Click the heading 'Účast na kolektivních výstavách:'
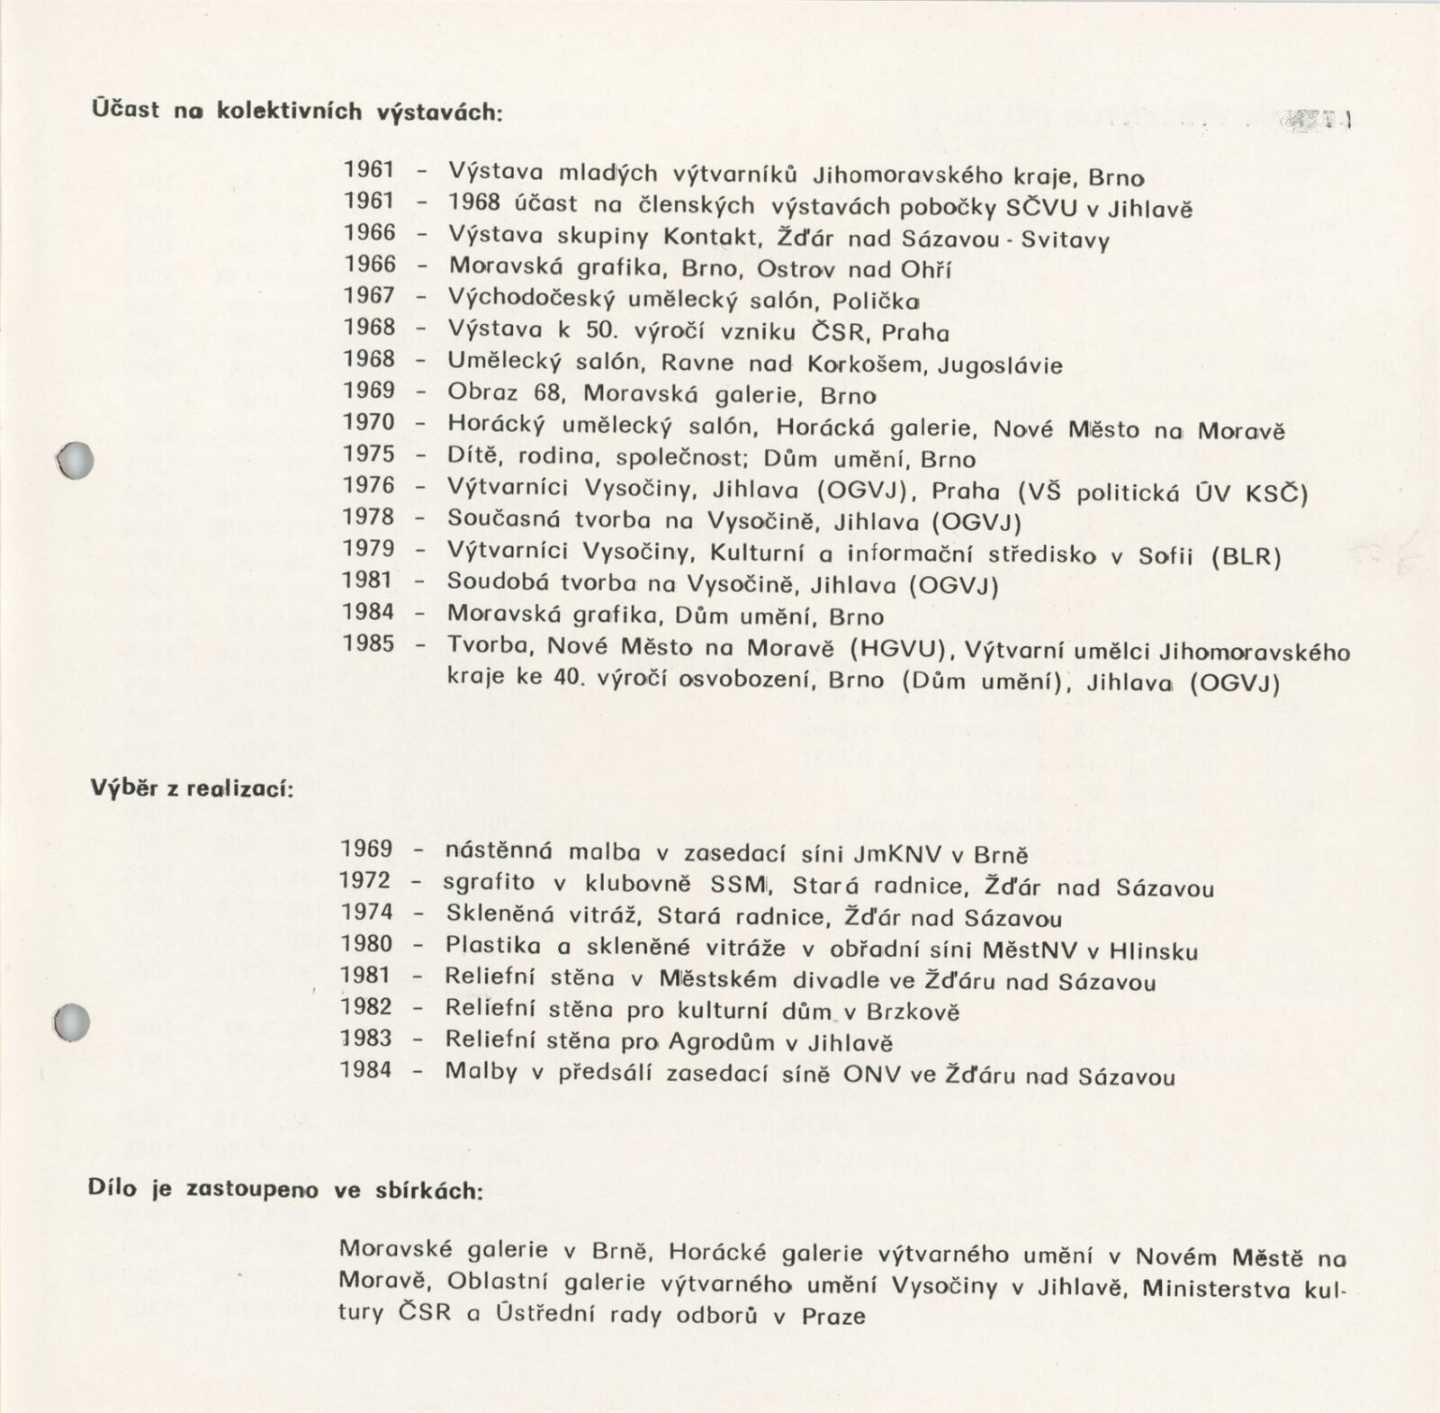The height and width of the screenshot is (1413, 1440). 296,112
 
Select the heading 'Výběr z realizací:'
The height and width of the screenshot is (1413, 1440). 192,788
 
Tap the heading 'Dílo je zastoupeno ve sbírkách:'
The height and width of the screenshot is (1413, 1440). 285,1189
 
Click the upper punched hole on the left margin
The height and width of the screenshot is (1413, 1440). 75,460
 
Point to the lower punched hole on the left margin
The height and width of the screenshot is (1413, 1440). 72,1022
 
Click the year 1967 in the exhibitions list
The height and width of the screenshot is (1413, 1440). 369,296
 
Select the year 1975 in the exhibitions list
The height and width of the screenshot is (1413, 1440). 369,454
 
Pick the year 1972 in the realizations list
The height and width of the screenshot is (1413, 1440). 365,881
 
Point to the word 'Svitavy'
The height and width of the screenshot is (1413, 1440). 1066,240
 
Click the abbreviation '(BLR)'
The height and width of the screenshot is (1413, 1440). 1246,556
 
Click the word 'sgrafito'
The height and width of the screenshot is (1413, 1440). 489,883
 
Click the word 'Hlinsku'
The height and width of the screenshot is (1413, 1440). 1153,950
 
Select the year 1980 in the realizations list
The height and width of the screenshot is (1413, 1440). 367,944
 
